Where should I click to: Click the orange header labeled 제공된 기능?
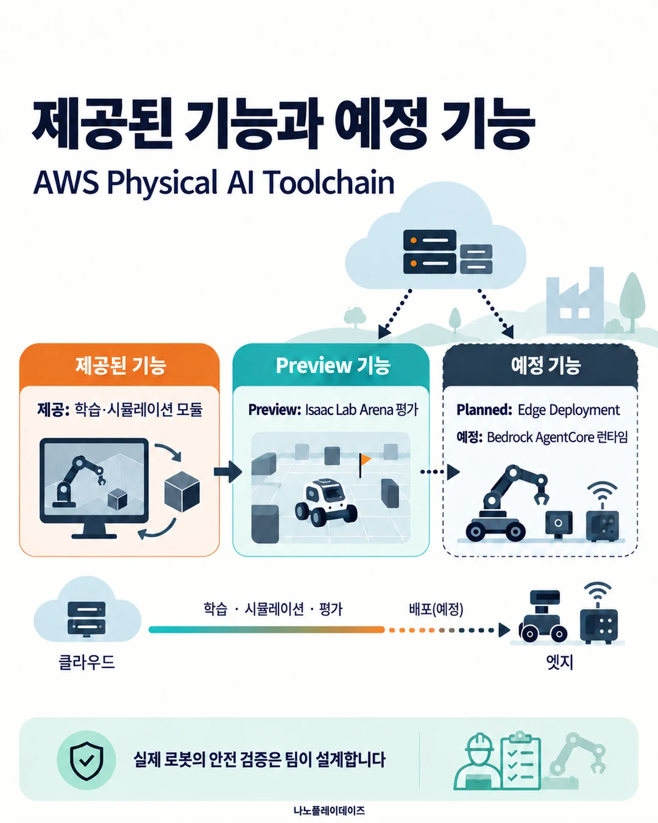click(119, 365)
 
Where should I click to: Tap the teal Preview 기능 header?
click(331, 365)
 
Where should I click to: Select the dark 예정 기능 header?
click(540, 365)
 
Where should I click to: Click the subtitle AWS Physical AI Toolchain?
click(214, 183)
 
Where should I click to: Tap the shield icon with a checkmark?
click(87, 761)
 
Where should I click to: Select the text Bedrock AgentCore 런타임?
click(557, 437)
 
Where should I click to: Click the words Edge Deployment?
click(568, 410)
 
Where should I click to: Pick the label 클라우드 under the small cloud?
click(87, 661)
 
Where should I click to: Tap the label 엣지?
click(560, 662)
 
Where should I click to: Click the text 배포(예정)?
click(436, 609)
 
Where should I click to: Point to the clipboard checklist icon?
click(520, 761)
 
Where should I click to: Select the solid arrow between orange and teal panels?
click(228, 472)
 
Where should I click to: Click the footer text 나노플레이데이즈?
click(329, 810)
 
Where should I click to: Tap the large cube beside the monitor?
click(182, 491)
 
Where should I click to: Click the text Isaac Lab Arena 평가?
click(361, 410)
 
